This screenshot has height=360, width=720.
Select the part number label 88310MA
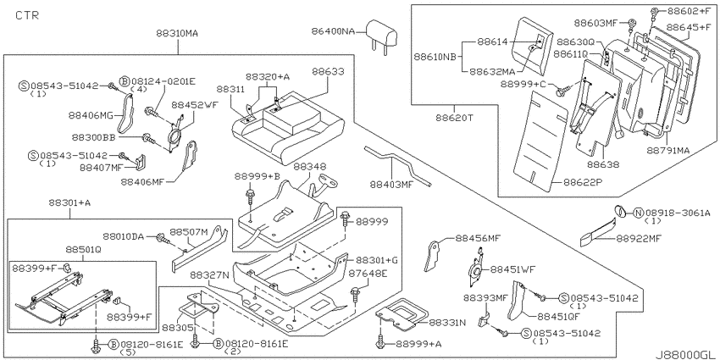(x=177, y=33)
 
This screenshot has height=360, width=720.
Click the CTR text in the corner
(x=27, y=15)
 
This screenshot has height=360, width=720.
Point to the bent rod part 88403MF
(x=397, y=165)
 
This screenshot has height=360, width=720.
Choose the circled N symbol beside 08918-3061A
(x=639, y=213)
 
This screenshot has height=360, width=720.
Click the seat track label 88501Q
(x=83, y=250)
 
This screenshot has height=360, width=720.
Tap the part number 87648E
(x=368, y=274)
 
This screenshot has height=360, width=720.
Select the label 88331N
(x=448, y=323)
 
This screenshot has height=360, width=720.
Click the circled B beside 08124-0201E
(x=125, y=81)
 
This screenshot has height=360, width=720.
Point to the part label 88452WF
(x=195, y=105)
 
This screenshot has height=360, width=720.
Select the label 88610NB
(x=435, y=57)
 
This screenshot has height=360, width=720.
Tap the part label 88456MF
(x=478, y=238)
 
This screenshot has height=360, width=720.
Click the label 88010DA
(x=123, y=236)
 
